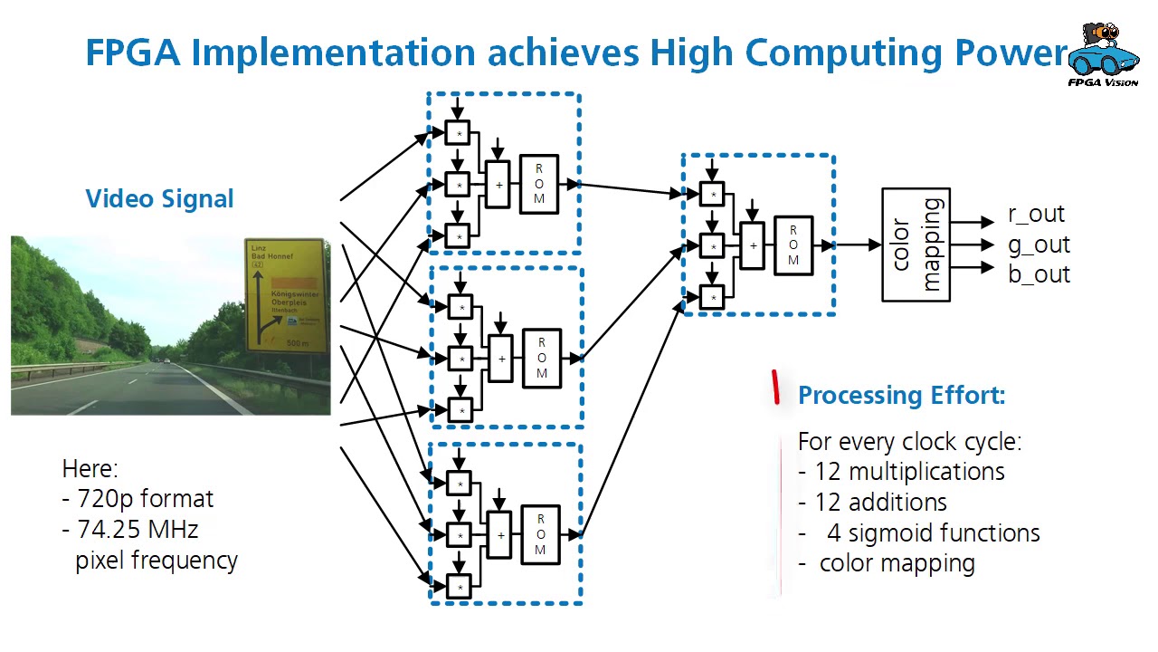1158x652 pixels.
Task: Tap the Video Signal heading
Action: tap(159, 199)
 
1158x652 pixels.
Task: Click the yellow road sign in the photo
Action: tap(285, 295)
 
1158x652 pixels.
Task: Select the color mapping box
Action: tap(916, 244)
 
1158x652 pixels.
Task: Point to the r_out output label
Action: tap(1036, 215)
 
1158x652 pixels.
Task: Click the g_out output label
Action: tap(1039, 244)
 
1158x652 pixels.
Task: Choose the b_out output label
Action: tap(1039, 274)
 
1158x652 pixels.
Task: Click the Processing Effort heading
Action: tap(901, 395)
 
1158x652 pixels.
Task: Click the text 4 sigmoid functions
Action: tap(933, 533)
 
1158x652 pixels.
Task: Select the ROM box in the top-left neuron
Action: tap(539, 185)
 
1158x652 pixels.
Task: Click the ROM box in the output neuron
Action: tap(793, 245)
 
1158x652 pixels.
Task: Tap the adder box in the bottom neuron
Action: tap(500, 535)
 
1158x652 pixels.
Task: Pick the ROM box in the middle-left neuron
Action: tap(542, 359)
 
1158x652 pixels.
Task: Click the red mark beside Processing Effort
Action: tap(775, 387)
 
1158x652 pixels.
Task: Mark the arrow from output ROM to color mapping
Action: tap(856, 244)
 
